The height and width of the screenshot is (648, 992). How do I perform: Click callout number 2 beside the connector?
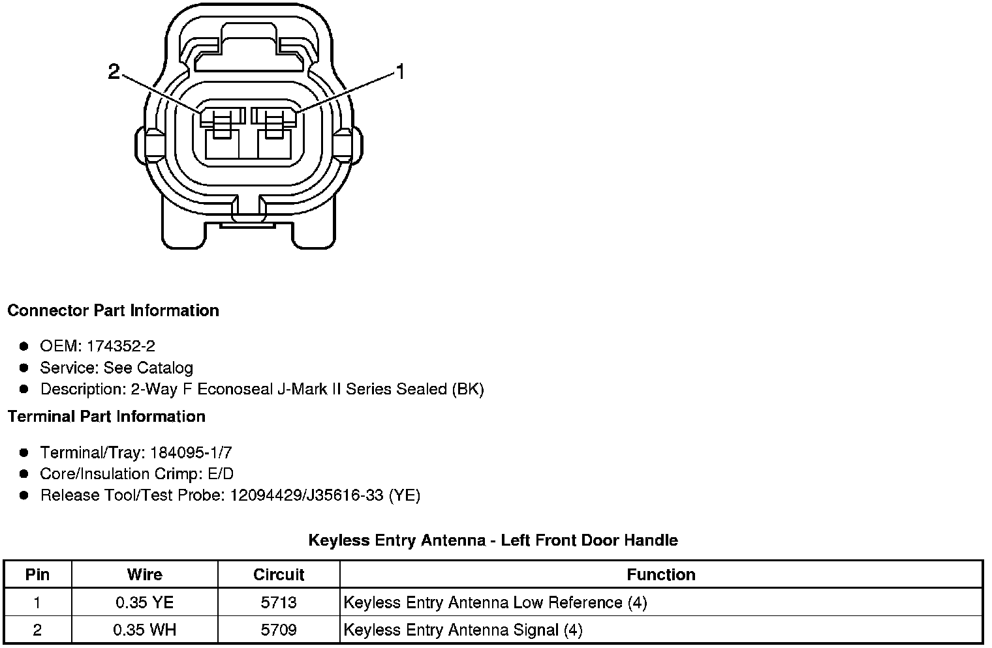114,72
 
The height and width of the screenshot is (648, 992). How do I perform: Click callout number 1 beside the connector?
400,72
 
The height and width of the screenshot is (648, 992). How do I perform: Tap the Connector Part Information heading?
113,310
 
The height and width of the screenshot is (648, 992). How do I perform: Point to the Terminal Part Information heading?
106,417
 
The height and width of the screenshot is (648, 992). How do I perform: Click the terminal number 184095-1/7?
191,452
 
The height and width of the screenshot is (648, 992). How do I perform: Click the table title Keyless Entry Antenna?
493,540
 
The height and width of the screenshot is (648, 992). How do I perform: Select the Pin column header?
37,574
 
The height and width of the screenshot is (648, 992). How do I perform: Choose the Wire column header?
144,574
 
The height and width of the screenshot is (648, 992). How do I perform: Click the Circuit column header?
279,574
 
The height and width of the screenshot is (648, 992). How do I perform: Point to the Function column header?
660,574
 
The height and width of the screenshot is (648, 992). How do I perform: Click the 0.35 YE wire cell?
144,602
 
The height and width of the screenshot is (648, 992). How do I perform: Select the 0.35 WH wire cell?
144,630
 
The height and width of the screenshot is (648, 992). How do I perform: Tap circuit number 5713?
279,602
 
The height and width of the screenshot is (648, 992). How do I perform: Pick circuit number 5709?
279,630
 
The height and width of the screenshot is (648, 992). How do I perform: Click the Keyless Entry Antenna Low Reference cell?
495,602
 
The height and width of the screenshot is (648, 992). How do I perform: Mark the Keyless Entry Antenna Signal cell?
463,630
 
